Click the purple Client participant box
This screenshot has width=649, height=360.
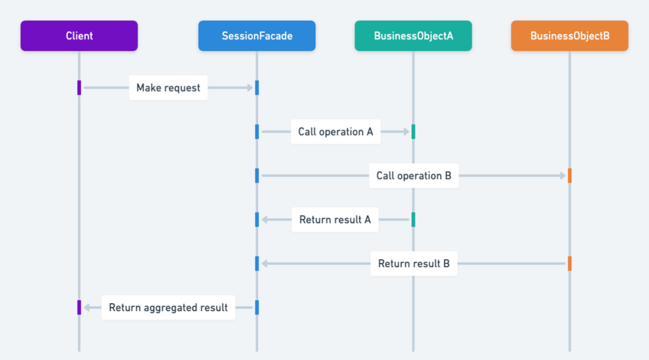(79, 36)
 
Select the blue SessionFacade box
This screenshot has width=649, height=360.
(257, 36)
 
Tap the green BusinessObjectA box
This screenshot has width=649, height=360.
(413, 36)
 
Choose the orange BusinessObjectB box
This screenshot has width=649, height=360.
(570, 36)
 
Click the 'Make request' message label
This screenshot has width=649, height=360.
(168, 88)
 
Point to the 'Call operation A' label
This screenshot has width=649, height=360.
(335, 132)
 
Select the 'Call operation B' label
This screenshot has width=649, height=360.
(414, 176)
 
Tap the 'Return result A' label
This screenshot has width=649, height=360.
(335, 220)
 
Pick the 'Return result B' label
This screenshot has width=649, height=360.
(414, 264)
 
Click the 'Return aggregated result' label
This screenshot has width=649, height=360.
(168, 307)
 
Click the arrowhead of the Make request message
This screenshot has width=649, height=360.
(249, 88)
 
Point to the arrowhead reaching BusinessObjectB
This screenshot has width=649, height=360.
(562, 176)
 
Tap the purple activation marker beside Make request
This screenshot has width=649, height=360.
(79, 88)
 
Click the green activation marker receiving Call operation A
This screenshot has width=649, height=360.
(413, 132)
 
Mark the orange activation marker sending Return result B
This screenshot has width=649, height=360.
(570, 264)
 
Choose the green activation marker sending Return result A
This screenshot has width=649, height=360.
(413, 220)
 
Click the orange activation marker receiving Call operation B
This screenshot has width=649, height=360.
(570, 176)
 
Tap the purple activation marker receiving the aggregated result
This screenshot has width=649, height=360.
(79, 307)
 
